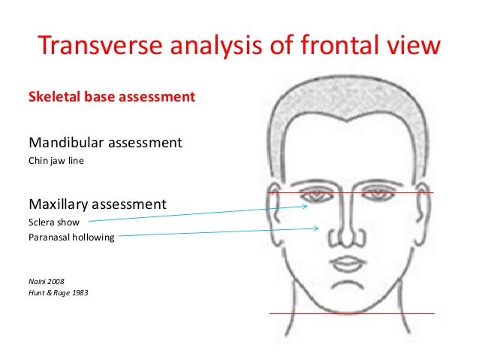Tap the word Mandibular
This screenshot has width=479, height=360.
pos(67,142)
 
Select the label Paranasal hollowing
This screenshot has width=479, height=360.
pos(71,237)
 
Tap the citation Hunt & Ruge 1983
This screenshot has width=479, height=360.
pos(59,293)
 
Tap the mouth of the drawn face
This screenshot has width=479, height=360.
pos(348,264)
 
